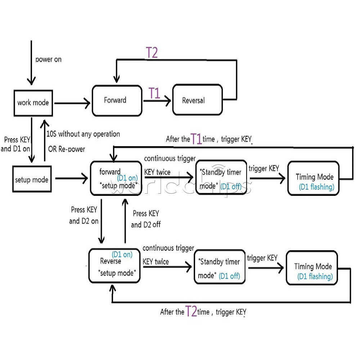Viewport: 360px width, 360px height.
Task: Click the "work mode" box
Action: pos(33,103)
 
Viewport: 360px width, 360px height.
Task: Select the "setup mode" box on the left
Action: pos(32,179)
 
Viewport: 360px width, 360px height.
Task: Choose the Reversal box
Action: pos(197,100)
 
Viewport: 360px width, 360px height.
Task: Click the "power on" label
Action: pos(48,59)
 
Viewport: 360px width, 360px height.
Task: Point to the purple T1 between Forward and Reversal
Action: pos(154,94)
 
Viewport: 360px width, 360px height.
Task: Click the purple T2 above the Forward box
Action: pos(152,53)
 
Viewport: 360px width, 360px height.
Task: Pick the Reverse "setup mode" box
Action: pos(114,265)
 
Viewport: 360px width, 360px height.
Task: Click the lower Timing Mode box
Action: pos(312,268)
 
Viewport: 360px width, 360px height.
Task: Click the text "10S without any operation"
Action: pos(83,134)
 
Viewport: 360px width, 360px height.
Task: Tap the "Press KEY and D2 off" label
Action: pos(146,219)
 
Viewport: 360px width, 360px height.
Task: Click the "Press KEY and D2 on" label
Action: pos(84,215)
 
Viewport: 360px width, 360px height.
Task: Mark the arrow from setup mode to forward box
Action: pos(72,178)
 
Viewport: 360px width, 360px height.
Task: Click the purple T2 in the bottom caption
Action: pos(191,311)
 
